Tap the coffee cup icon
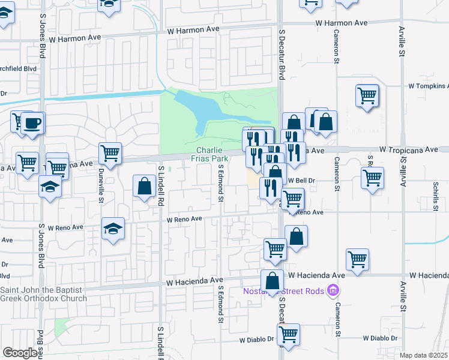[33, 123]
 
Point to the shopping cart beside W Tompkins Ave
[367, 95]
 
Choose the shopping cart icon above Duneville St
[110, 154]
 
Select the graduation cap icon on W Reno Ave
[113, 229]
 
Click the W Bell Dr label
[302, 180]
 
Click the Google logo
[19, 353]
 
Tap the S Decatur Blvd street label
[280, 53]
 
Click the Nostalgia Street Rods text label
[283, 292]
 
